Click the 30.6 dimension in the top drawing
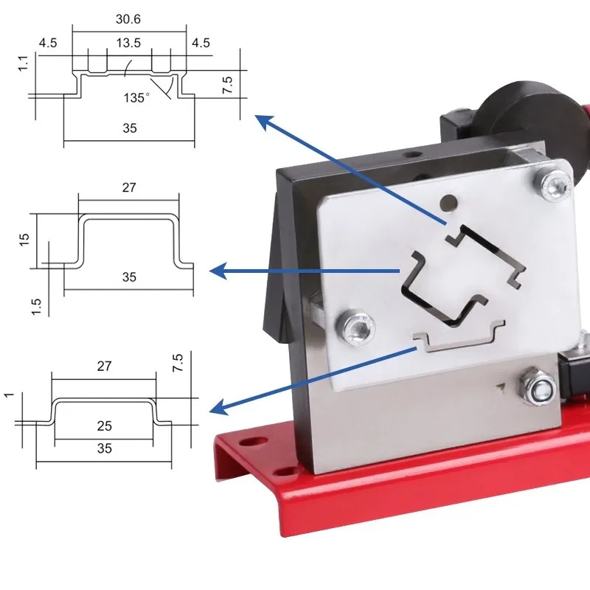click(x=128, y=19)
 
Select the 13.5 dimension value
click(x=128, y=43)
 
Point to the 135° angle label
click(x=136, y=98)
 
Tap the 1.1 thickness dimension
click(x=24, y=63)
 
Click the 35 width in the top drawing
click(x=130, y=128)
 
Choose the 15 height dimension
click(x=24, y=240)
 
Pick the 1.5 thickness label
click(x=35, y=307)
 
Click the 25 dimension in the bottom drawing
click(x=104, y=426)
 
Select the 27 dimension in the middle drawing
click(x=129, y=187)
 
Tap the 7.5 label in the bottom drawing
click(x=178, y=363)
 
